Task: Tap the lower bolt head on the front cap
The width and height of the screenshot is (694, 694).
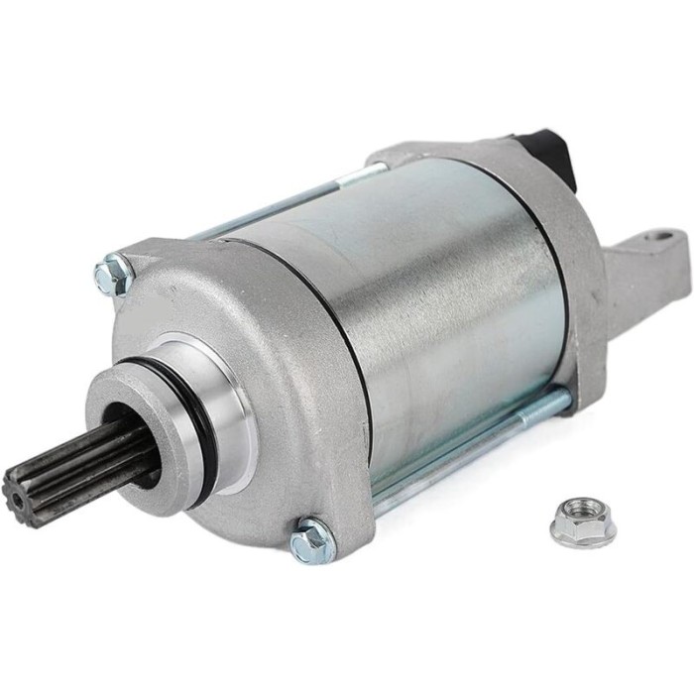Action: (x=312, y=539)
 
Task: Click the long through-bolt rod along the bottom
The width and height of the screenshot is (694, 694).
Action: (x=466, y=451)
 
